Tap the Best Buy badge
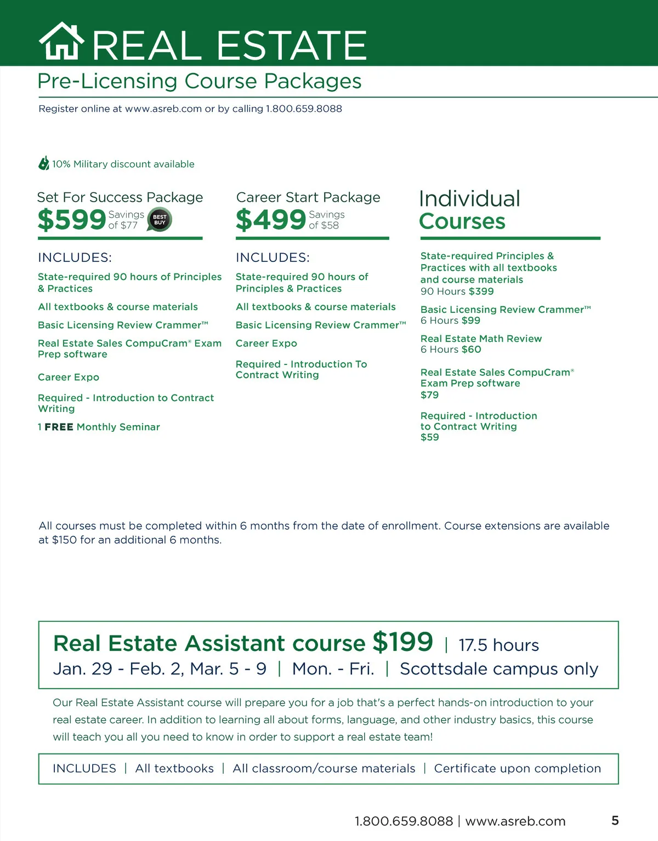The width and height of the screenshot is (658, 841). pos(160,220)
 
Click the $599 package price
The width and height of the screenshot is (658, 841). pos(71,220)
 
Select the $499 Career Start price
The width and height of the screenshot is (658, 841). pos(270,220)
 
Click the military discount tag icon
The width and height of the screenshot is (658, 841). pos(44,163)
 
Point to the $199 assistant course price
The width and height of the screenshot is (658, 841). pos(402,642)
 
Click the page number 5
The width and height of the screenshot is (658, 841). pos(615,820)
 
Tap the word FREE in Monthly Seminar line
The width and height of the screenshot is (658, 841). pos(59,427)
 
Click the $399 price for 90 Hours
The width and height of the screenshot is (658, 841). pos(481,291)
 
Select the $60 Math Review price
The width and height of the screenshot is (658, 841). pos(471,350)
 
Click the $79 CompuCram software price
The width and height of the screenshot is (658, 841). pos(429,395)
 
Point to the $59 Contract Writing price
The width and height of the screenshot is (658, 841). pos(429,437)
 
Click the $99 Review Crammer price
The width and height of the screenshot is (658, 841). pos(470,321)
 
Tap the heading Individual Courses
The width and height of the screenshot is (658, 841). pos(469,210)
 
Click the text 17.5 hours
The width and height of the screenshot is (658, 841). pos(498,645)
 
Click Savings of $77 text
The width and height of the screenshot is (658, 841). pos(126,220)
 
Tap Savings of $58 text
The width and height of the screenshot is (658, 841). pos(326,220)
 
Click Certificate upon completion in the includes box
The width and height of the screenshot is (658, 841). pos(517,768)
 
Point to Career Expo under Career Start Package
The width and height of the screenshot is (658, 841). pos(266,344)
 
